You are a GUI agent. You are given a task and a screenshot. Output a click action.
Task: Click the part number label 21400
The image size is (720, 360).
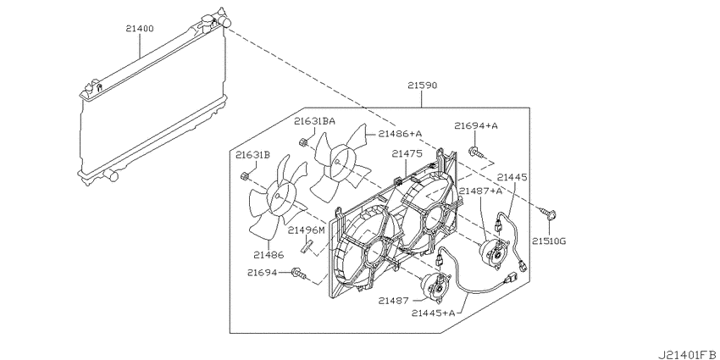[140, 29]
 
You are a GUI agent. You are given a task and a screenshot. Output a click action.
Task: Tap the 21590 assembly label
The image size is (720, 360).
[422, 86]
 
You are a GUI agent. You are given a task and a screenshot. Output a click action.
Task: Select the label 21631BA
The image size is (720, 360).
[314, 121]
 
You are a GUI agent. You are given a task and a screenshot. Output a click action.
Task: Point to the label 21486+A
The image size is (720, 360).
[401, 134]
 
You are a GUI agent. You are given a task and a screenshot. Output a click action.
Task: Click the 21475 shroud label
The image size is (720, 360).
[407, 155]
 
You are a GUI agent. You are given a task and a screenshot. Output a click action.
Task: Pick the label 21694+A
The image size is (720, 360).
[476, 125]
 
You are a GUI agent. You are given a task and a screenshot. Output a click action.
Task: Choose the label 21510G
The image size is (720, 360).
[549, 241]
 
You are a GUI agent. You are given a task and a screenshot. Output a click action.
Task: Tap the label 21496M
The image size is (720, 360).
[307, 230]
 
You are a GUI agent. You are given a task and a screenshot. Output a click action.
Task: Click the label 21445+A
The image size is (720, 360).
[433, 313]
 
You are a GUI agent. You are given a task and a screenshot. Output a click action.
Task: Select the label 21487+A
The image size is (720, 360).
[481, 191]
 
